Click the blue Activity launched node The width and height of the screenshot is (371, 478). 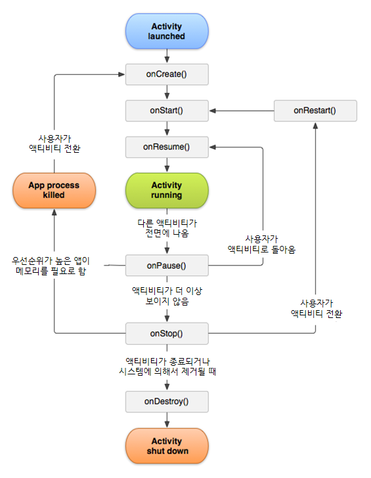coord(167,31)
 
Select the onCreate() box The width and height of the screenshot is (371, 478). coord(167,74)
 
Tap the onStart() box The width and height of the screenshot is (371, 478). coord(167,110)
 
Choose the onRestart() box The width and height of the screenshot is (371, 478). coord(315,110)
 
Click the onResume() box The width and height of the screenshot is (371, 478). coord(167,147)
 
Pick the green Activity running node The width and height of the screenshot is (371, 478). coord(167,190)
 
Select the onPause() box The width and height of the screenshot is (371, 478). coord(167,266)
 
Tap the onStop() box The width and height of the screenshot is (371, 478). coord(167,333)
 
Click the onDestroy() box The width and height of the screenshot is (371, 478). coord(167,401)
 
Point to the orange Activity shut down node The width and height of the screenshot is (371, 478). coord(167,446)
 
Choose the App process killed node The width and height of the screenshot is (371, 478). coord(54,190)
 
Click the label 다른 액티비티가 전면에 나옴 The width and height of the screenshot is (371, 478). coord(167,228)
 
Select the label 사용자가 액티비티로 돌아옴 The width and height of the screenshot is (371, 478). coord(261,244)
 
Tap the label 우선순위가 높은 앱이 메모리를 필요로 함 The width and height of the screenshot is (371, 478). coord(51,266)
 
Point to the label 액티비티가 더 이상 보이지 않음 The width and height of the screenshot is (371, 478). coord(167,295)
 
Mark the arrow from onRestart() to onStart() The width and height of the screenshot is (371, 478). coord(241,110)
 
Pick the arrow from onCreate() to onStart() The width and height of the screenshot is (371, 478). coord(167,92)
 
